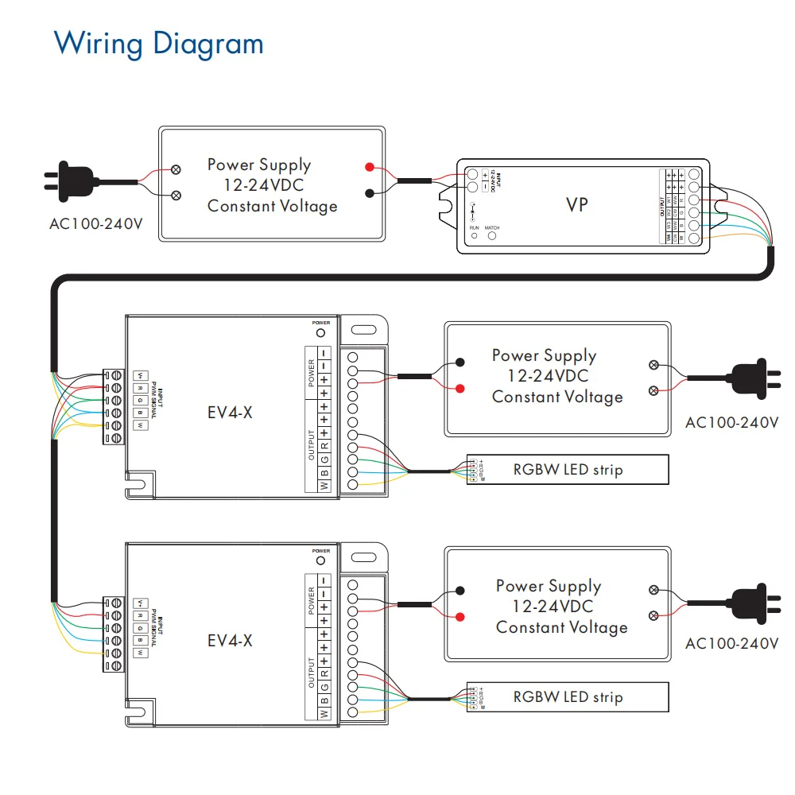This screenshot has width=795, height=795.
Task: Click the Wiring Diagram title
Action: point(158,43)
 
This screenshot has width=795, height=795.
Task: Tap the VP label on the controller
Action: point(577,204)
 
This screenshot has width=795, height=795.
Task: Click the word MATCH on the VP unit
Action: point(492,228)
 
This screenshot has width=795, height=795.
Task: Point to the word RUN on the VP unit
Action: point(475,228)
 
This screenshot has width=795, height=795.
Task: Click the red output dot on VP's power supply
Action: point(370,167)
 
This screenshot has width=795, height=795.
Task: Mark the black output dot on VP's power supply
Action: point(370,193)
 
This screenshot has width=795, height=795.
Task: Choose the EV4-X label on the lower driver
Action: point(230,640)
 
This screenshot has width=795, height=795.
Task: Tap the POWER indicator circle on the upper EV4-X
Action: point(321,332)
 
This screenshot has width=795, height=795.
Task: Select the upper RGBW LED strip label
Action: point(568,469)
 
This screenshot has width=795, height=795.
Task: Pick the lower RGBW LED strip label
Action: point(568,697)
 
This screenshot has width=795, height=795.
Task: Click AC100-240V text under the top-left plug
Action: point(96,223)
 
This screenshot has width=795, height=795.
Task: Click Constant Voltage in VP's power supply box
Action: point(272,206)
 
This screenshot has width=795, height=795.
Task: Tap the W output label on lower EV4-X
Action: point(324,714)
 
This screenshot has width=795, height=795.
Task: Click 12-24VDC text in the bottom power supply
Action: point(553,607)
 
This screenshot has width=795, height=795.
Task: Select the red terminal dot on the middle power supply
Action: point(460,389)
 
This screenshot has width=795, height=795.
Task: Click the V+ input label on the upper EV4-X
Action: point(140,374)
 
